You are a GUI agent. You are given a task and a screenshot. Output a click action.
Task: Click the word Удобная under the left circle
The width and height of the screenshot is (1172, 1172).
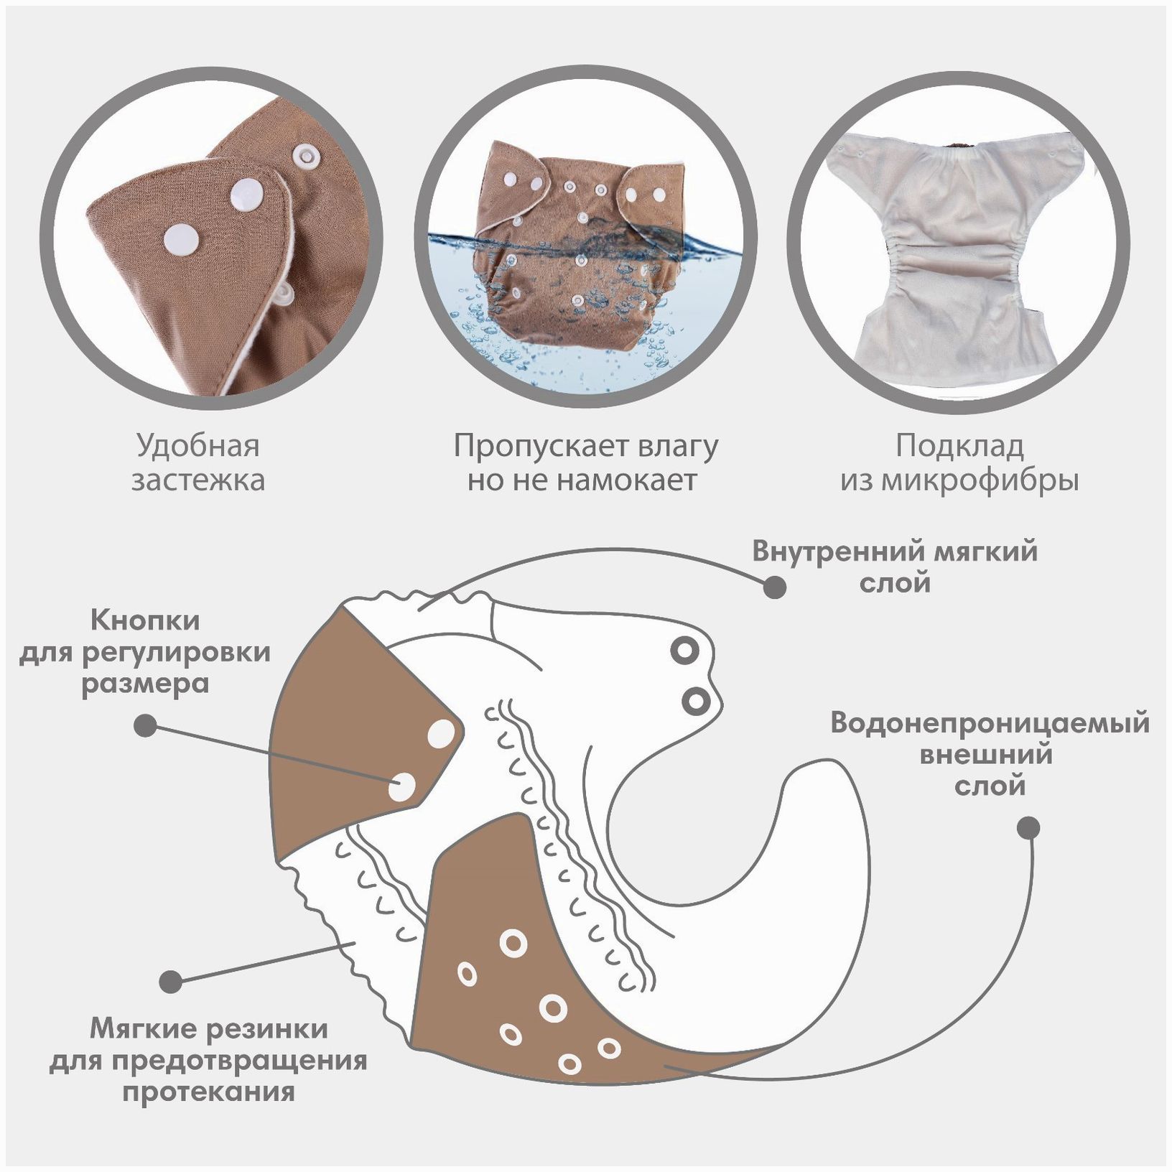(x=197, y=447)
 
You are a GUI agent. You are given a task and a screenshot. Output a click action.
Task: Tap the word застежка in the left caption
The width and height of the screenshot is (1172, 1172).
(x=197, y=480)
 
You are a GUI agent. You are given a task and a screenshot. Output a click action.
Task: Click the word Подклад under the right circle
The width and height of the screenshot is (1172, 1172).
(x=959, y=447)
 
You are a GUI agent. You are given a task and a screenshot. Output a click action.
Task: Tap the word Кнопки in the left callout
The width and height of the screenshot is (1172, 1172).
(x=146, y=620)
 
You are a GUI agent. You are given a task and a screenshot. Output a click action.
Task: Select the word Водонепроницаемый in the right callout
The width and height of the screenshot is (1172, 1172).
(x=990, y=722)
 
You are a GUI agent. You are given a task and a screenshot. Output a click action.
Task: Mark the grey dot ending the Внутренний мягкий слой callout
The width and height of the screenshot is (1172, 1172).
(x=774, y=587)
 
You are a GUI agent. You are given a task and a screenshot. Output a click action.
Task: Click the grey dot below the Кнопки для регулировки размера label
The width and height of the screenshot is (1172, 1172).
(x=146, y=725)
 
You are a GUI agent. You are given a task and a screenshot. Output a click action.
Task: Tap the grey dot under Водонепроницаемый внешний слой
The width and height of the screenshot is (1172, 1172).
(x=1028, y=828)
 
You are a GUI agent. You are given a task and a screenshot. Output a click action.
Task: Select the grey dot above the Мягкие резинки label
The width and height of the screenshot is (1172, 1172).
(x=171, y=982)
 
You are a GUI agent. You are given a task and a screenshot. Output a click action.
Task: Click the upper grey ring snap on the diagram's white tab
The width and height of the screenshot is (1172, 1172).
(x=684, y=651)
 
